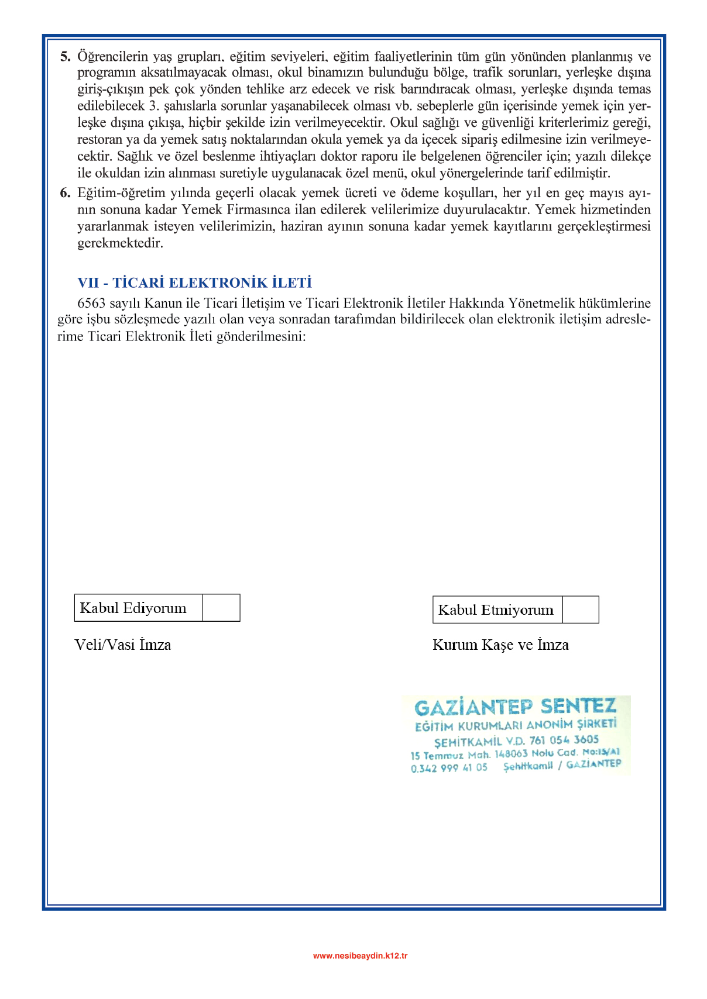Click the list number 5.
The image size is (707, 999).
(x=65, y=57)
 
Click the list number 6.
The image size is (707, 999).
(x=65, y=193)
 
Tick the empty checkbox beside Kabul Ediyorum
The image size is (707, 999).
(x=221, y=608)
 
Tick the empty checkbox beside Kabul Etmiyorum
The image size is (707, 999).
(x=580, y=609)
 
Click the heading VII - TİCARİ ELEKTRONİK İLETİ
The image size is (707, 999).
(x=194, y=283)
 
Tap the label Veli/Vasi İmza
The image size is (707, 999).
(x=123, y=645)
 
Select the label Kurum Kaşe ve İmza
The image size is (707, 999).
(x=500, y=645)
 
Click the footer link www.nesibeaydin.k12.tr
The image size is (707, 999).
(x=360, y=956)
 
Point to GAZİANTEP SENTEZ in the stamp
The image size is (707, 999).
(x=515, y=707)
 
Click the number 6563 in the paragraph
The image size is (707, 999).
(x=91, y=303)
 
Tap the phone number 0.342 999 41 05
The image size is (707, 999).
(x=449, y=768)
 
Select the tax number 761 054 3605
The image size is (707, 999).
(x=564, y=740)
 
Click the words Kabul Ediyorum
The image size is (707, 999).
(x=133, y=608)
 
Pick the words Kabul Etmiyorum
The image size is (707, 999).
(x=496, y=610)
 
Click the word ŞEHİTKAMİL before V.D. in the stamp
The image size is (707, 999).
(x=468, y=742)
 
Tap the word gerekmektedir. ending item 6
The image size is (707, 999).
(x=120, y=243)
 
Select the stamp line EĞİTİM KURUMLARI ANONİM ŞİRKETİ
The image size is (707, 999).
(x=516, y=725)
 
